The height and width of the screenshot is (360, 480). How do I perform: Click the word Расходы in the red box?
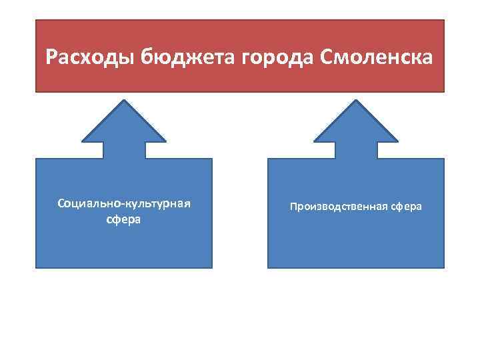[x=91, y=57]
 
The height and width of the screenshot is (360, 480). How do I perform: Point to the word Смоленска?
[x=377, y=57]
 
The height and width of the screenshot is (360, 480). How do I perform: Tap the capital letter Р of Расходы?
[x=51, y=57]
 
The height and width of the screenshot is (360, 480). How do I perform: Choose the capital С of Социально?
[x=61, y=203]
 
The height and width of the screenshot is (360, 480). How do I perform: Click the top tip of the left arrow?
[x=123, y=99]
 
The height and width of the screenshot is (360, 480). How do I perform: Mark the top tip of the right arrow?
[x=355, y=99]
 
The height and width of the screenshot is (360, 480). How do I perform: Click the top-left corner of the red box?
[x=36, y=20]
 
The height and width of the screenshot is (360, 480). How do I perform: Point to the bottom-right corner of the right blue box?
[x=443, y=267]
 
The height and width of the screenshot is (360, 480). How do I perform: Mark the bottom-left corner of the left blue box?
[x=36, y=267]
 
